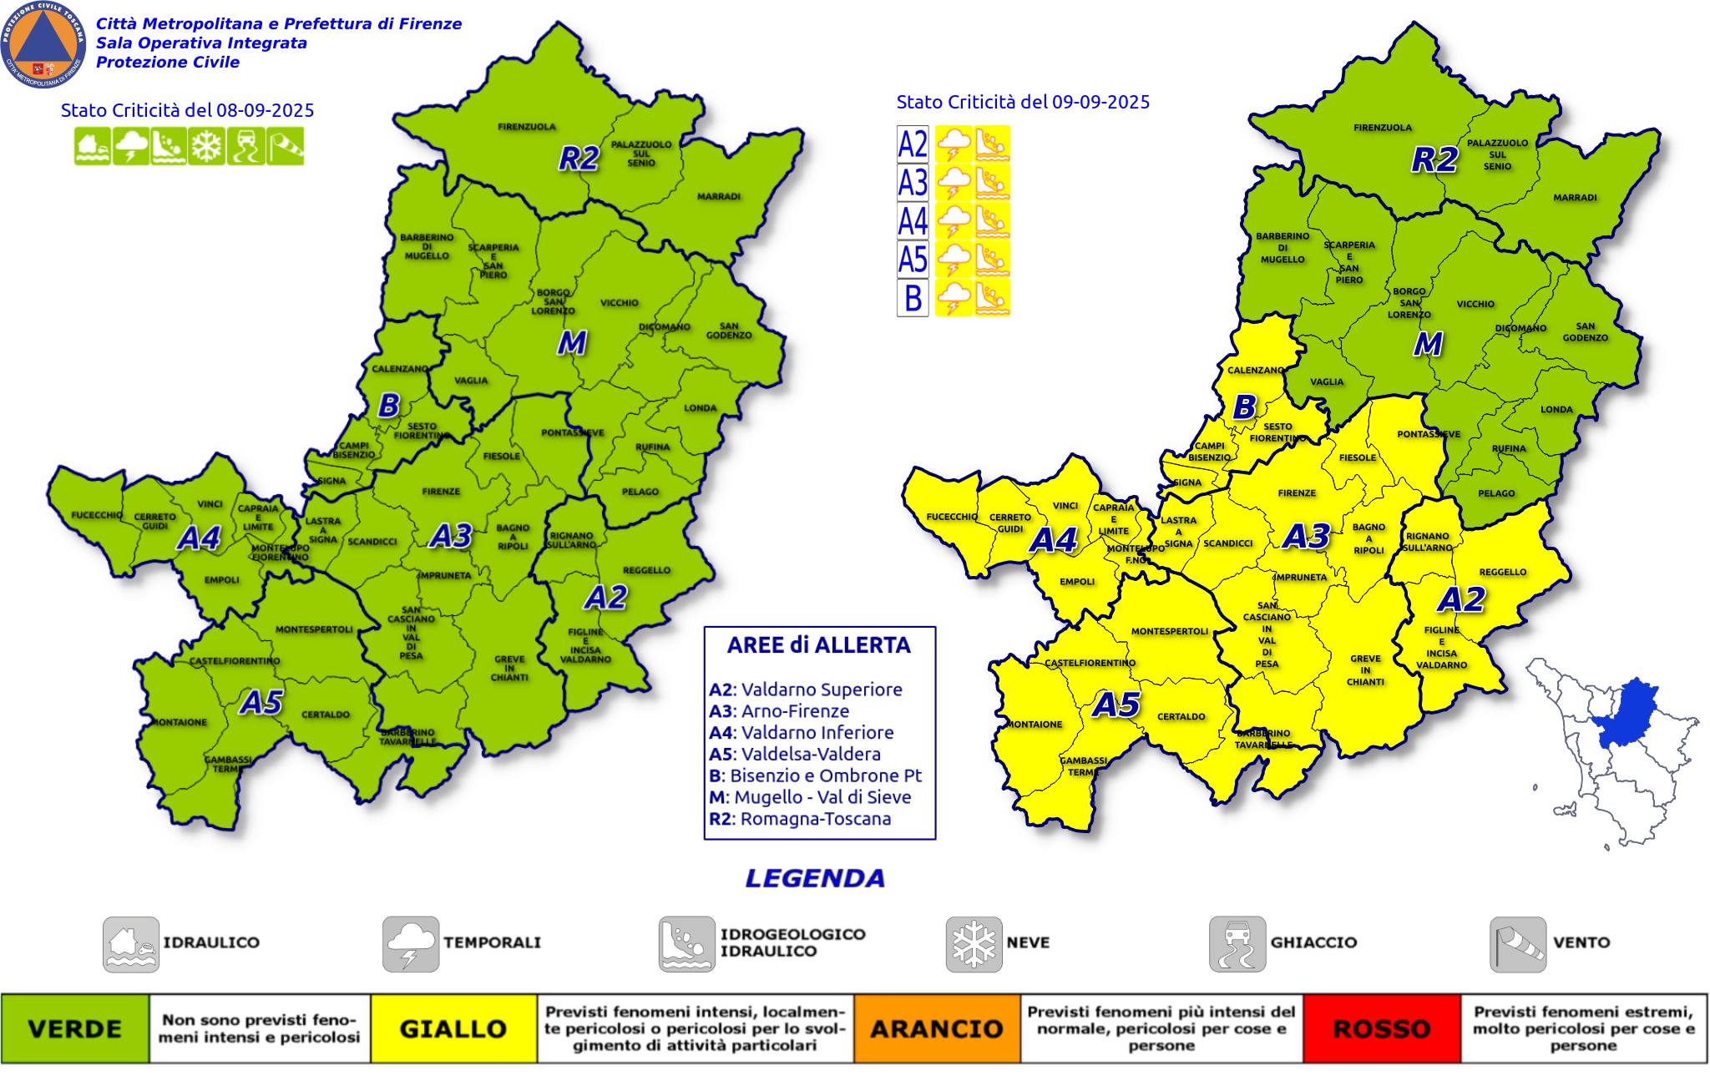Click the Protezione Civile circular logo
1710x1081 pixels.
tap(43, 44)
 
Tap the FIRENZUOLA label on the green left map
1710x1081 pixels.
tap(527, 128)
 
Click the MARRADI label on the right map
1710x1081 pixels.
tap(1575, 198)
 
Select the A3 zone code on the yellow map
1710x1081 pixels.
tap(1306, 537)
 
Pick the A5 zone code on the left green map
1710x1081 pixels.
tap(261, 703)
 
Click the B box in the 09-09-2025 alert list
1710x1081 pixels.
tap(913, 298)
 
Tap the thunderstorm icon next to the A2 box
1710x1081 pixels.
tap(953, 144)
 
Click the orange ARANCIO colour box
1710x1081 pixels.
tap(937, 1028)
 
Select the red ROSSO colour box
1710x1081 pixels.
tap(1382, 1028)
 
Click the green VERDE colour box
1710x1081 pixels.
tap(75, 1028)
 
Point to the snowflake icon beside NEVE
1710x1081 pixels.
tap(974, 944)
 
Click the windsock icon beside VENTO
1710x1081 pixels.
tap(1517, 944)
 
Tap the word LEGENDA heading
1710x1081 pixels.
tap(815, 878)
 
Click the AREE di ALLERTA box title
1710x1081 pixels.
tap(818, 645)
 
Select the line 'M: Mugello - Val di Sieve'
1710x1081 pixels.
tap(810, 797)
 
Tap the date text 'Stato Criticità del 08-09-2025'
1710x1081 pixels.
tap(187, 110)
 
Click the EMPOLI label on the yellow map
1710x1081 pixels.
tap(1076, 582)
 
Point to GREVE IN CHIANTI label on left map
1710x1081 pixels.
tap(509, 668)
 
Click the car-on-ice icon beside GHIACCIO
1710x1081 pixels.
tap(1237, 944)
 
